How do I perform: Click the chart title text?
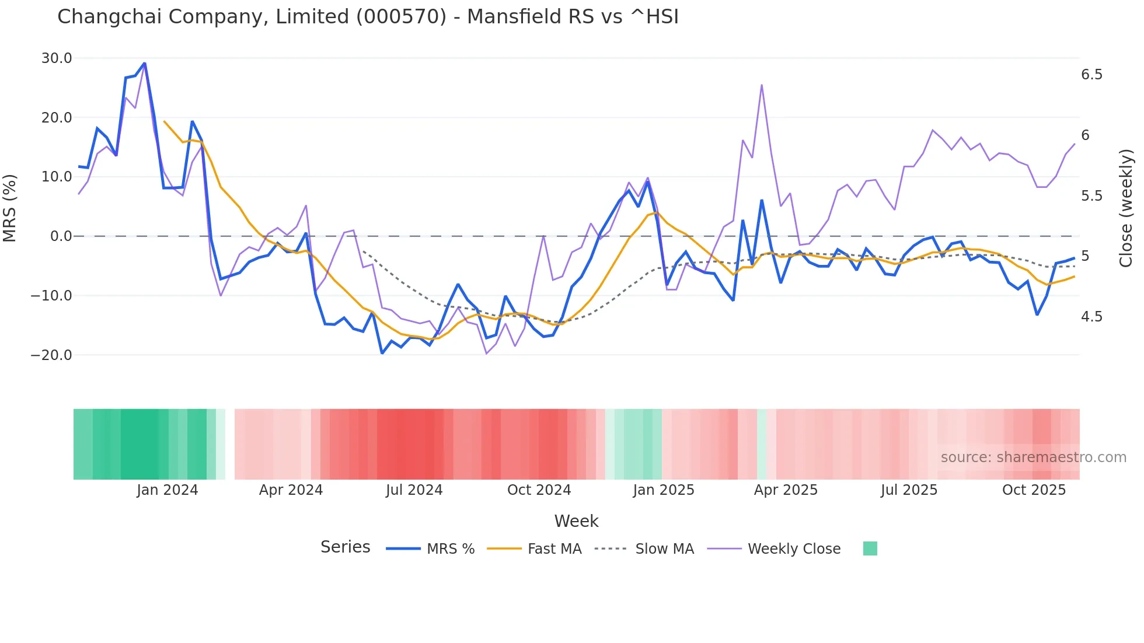click(368, 17)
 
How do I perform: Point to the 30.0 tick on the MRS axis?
click(57, 58)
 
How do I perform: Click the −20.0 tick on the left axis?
click(51, 355)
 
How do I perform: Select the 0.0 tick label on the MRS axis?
click(61, 236)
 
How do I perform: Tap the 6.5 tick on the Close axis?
click(1091, 75)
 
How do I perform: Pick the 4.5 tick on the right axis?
click(1091, 317)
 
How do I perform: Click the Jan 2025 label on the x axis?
click(664, 490)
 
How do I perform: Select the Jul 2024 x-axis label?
click(414, 490)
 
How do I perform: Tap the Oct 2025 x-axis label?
click(1034, 490)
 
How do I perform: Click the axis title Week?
click(576, 521)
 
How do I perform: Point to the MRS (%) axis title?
click(10, 208)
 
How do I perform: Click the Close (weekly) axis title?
click(1126, 208)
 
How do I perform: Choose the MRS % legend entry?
click(431, 549)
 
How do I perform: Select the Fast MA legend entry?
click(534, 549)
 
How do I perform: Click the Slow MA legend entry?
click(644, 549)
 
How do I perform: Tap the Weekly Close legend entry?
click(774, 549)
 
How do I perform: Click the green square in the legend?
click(870, 548)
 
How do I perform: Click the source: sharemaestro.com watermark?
click(1033, 457)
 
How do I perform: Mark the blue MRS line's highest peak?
click(144, 63)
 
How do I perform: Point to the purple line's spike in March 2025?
click(762, 85)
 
